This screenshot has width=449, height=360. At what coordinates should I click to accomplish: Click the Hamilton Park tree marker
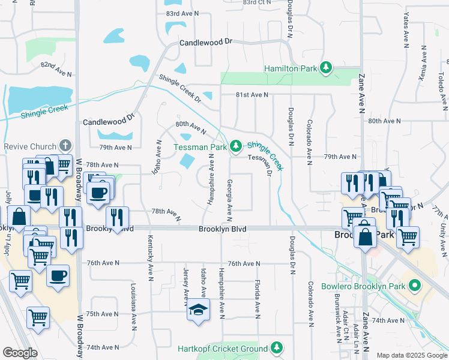tap(326, 68)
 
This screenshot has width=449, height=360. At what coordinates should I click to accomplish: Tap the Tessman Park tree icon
tap(237, 146)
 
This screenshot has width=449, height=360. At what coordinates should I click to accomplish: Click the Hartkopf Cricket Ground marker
tap(277, 347)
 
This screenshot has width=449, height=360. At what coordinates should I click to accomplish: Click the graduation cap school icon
tap(198, 310)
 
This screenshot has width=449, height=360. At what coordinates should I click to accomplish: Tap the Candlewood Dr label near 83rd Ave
tap(205, 44)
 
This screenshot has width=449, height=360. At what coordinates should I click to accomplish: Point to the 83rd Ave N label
tap(181, 13)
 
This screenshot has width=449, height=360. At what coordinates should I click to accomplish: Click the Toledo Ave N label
tap(441, 87)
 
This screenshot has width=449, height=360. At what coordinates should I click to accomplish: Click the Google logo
tap(20, 352)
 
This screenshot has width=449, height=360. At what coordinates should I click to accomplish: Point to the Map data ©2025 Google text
tap(411, 355)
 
